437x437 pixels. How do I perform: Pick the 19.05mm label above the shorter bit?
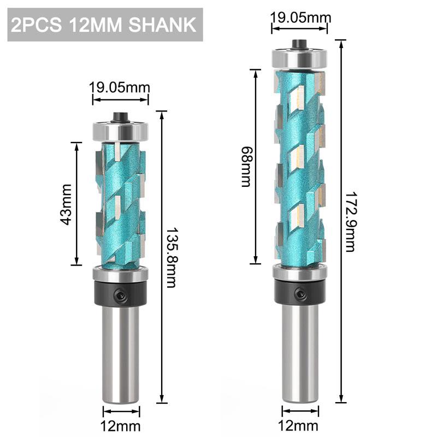point(120,87)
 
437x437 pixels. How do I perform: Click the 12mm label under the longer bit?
point(300,426)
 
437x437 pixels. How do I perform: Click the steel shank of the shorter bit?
point(120,350)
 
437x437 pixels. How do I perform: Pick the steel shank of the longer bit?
point(300,350)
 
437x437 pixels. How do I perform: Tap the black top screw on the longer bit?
point(300,43)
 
